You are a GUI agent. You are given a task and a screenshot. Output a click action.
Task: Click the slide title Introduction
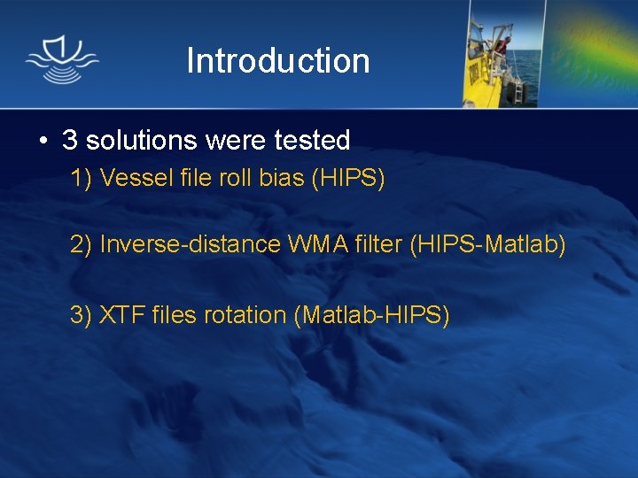point(277,61)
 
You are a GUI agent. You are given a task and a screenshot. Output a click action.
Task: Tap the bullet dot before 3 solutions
point(42,141)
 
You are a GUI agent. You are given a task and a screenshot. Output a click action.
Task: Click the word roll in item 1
point(237,179)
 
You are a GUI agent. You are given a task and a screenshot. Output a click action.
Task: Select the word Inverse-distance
point(191,244)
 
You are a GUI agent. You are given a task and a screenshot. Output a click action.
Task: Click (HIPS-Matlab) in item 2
point(487,244)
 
